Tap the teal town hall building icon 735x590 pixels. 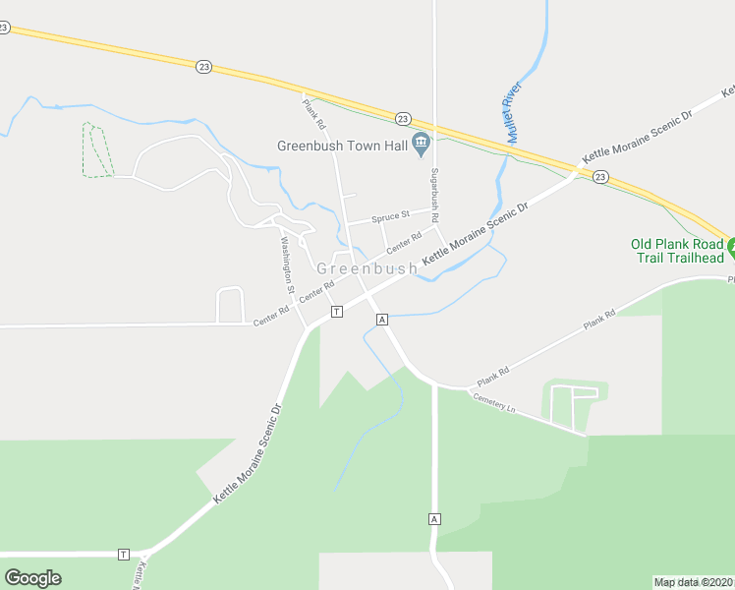[x=421, y=145]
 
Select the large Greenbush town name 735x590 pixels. [x=361, y=268]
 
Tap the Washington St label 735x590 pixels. [x=287, y=265]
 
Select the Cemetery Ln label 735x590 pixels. [x=493, y=402]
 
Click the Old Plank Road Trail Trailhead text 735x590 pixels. [x=677, y=251]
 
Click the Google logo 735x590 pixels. [x=32, y=578]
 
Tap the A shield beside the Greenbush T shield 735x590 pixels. [x=381, y=320]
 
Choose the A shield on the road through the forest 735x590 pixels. [x=433, y=518]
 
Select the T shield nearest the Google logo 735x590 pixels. [x=123, y=554]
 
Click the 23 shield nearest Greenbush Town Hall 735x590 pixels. [x=403, y=118]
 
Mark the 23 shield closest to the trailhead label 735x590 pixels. [x=600, y=177]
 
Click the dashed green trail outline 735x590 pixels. [x=96, y=150]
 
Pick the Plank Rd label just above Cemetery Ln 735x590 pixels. [x=493, y=376]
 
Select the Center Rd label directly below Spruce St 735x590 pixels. [x=404, y=240]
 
